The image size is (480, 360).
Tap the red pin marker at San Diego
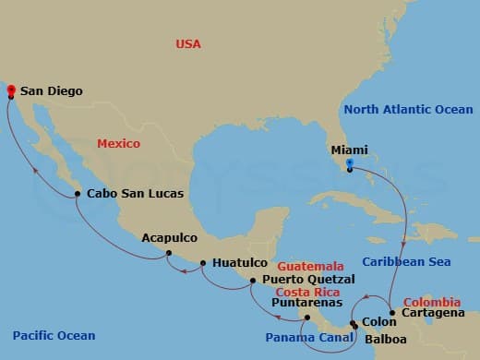click(x=10, y=90)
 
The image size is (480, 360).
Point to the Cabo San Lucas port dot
click(x=78, y=194)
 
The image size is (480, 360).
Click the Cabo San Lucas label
click(x=135, y=194)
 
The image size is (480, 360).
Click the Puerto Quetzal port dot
click(x=253, y=278)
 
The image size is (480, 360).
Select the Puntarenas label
click(x=307, y=302)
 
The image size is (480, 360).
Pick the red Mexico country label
click(x=119, y=144)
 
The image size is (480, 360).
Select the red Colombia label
click(x=432, y=302)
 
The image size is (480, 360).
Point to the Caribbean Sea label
click(x=406, y=262)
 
